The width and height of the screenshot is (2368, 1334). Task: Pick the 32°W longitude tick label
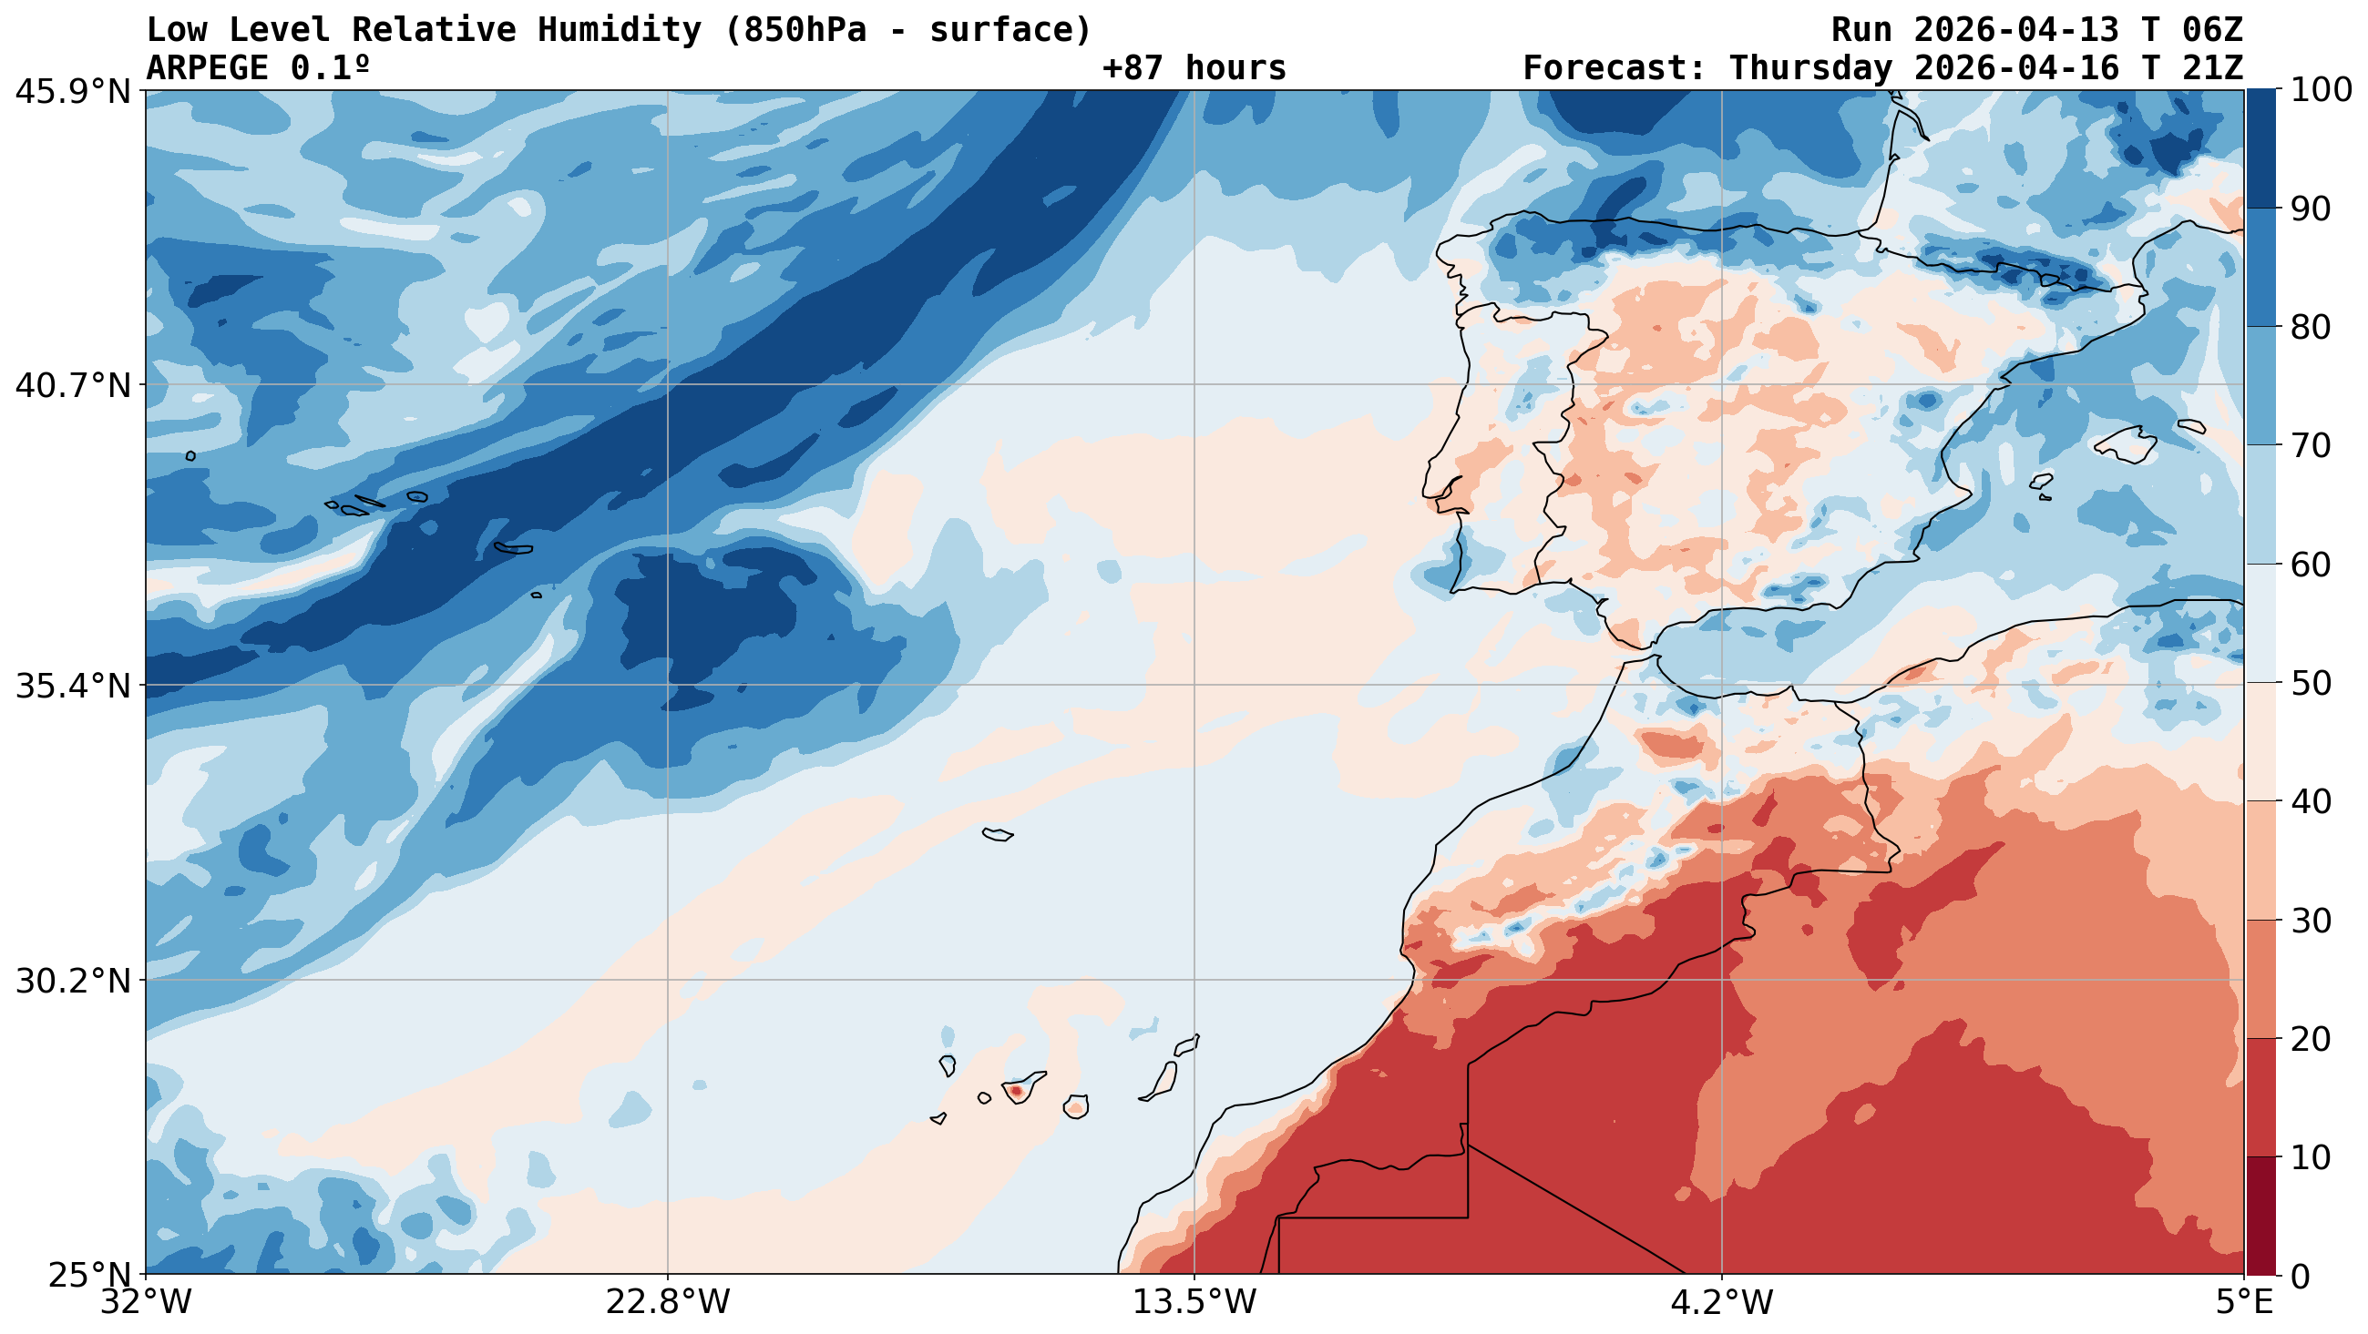(145, 1303)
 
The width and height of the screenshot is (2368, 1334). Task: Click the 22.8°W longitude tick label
(667, 1303)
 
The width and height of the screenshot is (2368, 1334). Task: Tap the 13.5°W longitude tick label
(1194, 1303)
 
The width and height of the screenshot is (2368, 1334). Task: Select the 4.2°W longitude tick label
(1722, 1303)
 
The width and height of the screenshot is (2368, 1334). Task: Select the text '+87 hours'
(1194, 68)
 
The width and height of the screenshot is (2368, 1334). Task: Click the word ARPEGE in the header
(208, 68)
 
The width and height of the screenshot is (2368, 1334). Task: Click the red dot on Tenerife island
(1016, 1091)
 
